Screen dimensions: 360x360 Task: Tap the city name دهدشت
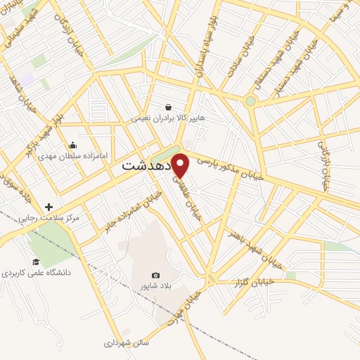(147, 167)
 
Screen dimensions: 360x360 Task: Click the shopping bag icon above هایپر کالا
(168, 108)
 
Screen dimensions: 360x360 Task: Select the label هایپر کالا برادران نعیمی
(168, 119)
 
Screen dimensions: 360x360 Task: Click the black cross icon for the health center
(49, 207)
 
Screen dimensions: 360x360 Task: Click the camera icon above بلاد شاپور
(155, 275)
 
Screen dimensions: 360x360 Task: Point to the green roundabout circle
(250, 101)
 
